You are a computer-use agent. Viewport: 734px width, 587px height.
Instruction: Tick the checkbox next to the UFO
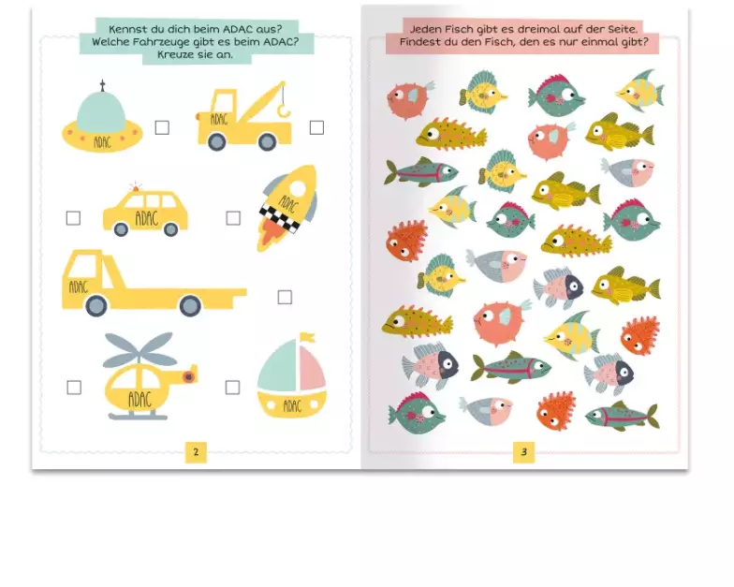pyautogui.click(x=162, y=127)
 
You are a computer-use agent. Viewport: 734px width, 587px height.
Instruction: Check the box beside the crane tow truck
pyautogui.click(x=316, y=127)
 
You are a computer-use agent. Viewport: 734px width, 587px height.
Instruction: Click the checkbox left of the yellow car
pyautogui.click(x=73, y=218)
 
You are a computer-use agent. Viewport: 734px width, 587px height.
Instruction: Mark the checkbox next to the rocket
pyautogui.click(x=233, y=218)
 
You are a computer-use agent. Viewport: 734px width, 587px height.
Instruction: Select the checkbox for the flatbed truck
pyautogui.click(x=285, y=298)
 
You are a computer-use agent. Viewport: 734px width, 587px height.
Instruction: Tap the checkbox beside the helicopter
pyautogui.click(x=74, y=388)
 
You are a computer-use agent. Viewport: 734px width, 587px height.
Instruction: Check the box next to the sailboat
pyautogui.click(x=232, y=388)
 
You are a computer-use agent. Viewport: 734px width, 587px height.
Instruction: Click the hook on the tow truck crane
pyautogui.click(x=284, y=110)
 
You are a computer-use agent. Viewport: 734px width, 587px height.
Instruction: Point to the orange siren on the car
pyautogui.click(x=136, y=188)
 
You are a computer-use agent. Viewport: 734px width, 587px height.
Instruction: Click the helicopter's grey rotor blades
pyautogui.click(x=139, y=350)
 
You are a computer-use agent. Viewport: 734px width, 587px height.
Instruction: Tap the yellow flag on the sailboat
pyautogui.click(x=307, y=337)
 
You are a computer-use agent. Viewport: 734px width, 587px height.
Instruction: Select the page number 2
pyautogui.click(x=197, y=452)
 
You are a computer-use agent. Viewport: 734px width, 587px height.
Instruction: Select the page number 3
pyautogui.click(x=524, y=452)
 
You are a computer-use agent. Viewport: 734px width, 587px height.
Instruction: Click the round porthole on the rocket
pyautogui.click(x=298, y=188)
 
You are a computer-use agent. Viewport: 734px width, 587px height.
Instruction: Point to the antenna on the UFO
pyautogui.click(x=103, y=86)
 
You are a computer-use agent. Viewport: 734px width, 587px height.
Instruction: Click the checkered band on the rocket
pyautogui.click(x=280, y=218)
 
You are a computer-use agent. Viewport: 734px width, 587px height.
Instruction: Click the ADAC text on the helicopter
pyautogui.click(x=140, y=400)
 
